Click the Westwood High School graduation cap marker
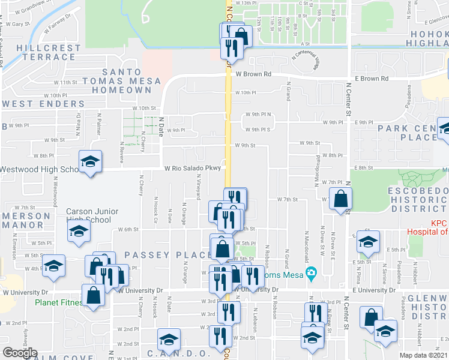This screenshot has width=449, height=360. [90, 161]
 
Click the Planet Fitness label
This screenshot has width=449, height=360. [58, 302]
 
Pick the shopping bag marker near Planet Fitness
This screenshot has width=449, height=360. [94, 296]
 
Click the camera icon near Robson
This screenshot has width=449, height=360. [311, 274]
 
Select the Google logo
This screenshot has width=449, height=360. [20, 353]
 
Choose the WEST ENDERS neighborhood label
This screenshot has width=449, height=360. [43, 104]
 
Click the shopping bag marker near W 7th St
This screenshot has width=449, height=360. [340, 199]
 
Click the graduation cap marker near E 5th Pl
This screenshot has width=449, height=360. [366, 241]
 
